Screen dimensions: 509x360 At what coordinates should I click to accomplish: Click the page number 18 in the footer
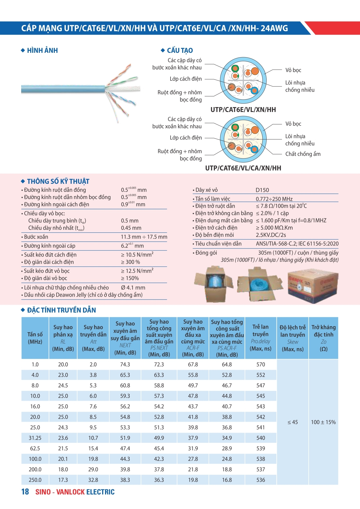[x=25, y=492]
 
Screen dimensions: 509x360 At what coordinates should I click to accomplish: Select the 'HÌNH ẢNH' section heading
[x=42, y=50]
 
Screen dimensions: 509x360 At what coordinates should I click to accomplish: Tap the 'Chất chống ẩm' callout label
[x=303, y=154]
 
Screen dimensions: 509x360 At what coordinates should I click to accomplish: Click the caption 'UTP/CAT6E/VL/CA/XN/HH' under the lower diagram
[x=243, y=168]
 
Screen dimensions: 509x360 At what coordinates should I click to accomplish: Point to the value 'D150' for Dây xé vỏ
[x=262, y=190]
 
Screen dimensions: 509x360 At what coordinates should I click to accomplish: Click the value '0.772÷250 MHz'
[x=274, y=199]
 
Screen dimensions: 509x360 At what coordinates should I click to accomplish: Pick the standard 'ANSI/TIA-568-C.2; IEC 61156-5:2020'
[x=297, y=244]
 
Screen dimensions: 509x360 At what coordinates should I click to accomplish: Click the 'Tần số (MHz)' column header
[x=35, y=338]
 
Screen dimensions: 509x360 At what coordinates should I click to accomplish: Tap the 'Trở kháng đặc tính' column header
[x=323, y=338]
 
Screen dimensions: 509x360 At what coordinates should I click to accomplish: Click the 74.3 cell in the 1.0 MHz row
[x=125, y=364]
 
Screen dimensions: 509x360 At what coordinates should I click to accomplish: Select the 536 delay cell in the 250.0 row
[x=260, y=480]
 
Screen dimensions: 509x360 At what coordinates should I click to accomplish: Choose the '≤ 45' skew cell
[x=292, y=422]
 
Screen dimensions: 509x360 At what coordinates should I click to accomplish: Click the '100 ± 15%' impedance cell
[x=323, y=422]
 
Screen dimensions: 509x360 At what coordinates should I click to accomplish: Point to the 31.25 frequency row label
[x=35, y=438]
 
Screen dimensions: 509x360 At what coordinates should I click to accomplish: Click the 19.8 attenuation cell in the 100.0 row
[x=93, y=459]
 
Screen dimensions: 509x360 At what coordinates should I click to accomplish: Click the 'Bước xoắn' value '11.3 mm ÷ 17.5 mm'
[x=144, y=237]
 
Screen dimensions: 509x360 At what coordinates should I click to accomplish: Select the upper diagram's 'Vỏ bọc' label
[x=293, y=70]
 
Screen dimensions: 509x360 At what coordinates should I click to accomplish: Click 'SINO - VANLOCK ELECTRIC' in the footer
[x=75, y=492]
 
